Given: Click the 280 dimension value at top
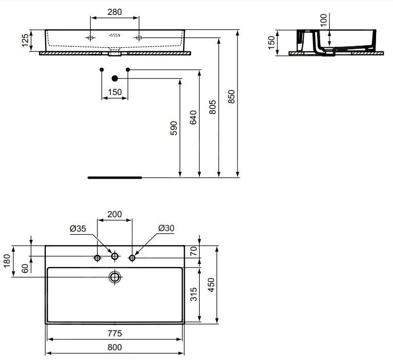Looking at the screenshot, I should [x=114, y=12].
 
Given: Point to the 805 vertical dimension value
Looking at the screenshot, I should [x=213, y=107].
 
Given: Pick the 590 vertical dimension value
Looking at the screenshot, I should [x=174, y=128].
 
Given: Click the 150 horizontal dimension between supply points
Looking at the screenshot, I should [x=115, y=92].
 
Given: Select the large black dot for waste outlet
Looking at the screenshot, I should [x=115, y=78].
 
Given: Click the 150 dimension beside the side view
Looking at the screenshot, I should [x=272, y=42].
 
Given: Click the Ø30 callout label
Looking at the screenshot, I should [x=165, y=228].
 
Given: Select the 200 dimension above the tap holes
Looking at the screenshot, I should [x=115, y=214].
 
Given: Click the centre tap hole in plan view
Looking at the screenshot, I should [x=115, y=256].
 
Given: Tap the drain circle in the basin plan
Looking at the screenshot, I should [x=115, y=277].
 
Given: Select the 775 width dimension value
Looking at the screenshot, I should [x=115, y=333].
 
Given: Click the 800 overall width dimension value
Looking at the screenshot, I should [x=115, y=347].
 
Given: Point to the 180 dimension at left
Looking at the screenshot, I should [x=7, y=261].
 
